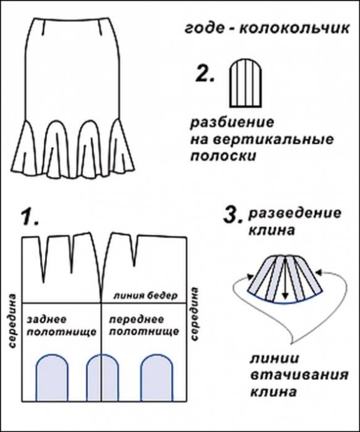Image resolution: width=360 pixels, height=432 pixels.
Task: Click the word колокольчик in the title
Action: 294,28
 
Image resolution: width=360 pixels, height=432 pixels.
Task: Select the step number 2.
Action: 205,74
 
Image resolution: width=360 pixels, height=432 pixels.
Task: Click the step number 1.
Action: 30,218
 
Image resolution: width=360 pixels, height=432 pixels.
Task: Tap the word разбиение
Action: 232,123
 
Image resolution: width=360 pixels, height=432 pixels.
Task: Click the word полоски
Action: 224,157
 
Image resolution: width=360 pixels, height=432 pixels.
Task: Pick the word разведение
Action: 295,213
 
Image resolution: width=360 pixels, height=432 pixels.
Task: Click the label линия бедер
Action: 146,296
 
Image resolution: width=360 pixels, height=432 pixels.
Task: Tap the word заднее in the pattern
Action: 46,320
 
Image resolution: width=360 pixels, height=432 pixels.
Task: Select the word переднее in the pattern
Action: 136,320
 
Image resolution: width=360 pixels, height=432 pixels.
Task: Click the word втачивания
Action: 299,375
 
